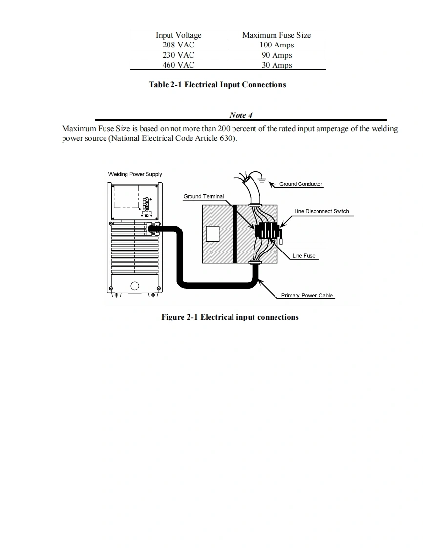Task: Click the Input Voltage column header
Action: (178, 35)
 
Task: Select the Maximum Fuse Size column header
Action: (276, 35)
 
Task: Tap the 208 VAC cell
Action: (178, 45)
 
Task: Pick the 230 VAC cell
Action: (178, 55)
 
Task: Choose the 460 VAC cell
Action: (178, 65)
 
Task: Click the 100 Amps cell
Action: (276, 45)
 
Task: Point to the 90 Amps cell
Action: (276, 55)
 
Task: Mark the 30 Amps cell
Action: (276, 65)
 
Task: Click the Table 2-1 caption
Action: (217, 85)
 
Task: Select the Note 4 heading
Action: (240, 115)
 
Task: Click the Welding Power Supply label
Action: (135, 174)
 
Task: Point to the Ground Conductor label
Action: (301, 184)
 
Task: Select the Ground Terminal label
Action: (203, 197)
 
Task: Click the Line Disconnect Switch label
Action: (321, 212)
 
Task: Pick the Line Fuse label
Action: (304, 256)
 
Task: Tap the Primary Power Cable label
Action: (307, 296)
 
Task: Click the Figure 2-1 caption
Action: (230, 317)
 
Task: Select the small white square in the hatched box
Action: (212, 234)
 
